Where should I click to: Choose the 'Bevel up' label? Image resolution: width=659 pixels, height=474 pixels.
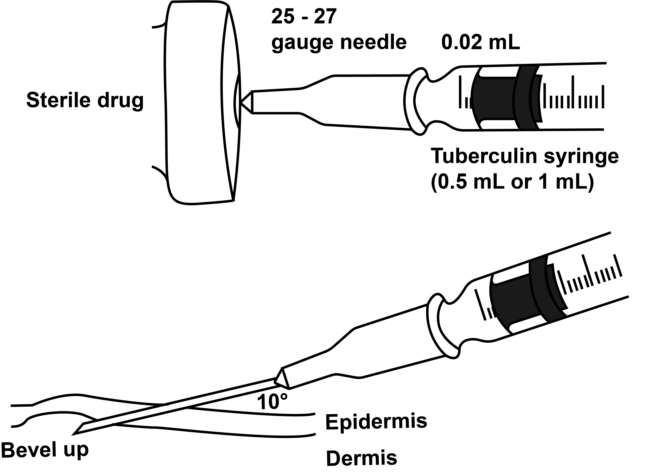(45, 450)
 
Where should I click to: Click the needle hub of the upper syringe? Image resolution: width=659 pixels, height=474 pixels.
(328, 100)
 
